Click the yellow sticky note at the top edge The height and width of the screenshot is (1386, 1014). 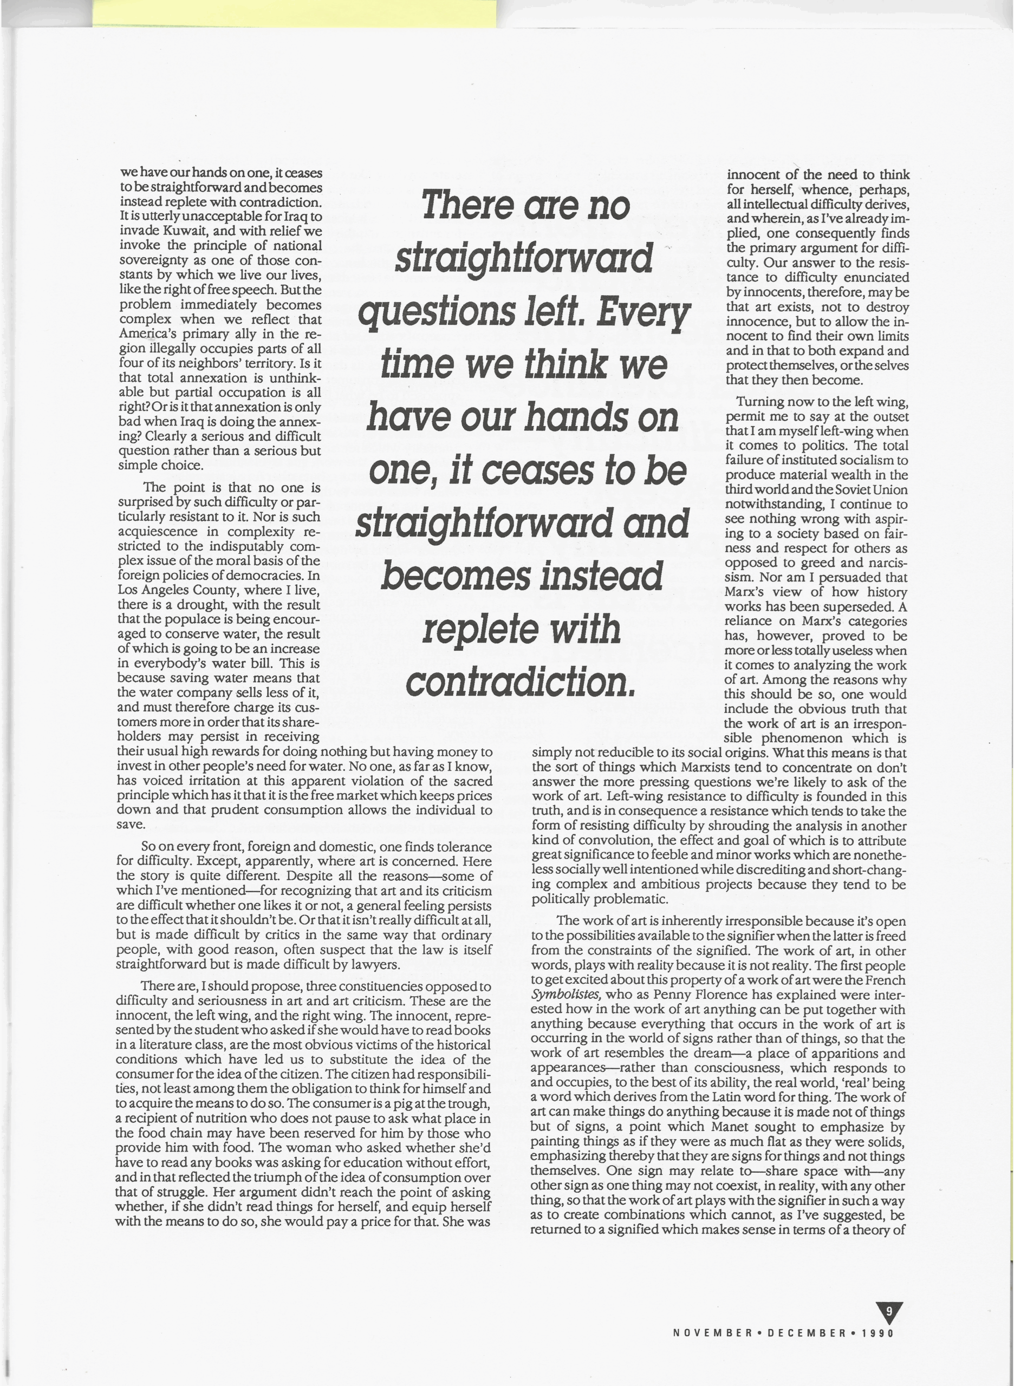295,12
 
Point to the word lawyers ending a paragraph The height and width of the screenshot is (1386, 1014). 374,964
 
